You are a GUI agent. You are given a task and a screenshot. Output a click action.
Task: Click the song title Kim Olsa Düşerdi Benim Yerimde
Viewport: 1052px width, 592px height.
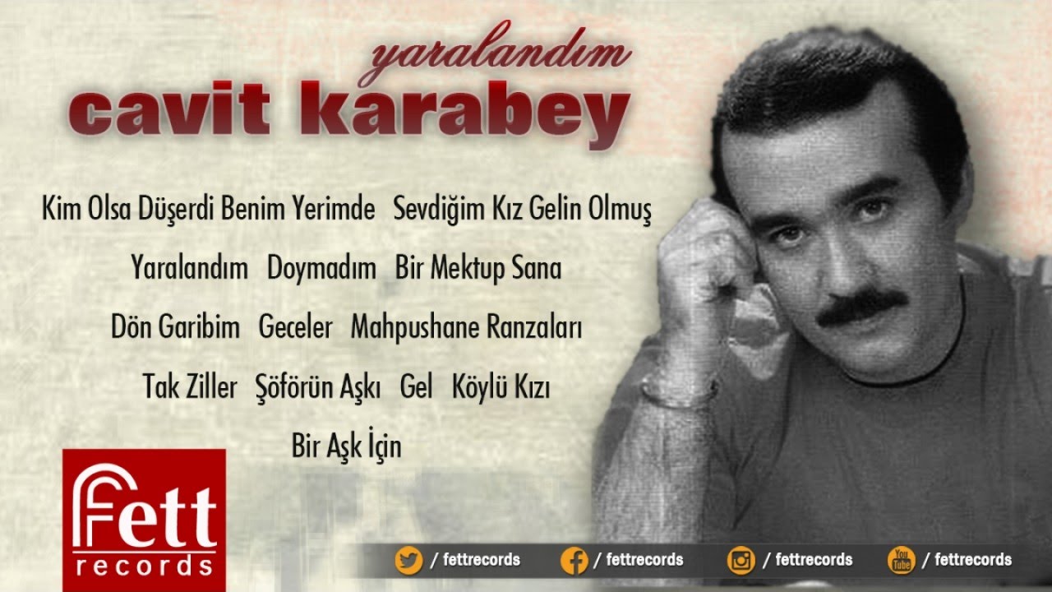click(209, 209)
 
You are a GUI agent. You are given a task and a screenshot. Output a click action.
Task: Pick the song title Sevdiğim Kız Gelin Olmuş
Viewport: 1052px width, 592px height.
click(522, 209)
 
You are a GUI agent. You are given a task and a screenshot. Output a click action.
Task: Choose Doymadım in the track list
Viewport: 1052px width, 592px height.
click(321, 269)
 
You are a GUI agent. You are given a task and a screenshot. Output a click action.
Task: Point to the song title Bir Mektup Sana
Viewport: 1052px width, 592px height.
click(478, 268)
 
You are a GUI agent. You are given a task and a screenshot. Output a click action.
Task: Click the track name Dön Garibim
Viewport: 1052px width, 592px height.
click(175, 326)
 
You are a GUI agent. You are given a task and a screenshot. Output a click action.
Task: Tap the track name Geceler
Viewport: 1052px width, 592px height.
click(295, 326)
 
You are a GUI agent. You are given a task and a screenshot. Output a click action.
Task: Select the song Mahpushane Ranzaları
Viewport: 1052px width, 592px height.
click(466, 327)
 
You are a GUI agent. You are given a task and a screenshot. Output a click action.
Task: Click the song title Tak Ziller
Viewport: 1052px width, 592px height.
click(190, 386)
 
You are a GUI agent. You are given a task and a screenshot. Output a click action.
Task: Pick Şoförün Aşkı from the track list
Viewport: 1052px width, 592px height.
click(318, 386)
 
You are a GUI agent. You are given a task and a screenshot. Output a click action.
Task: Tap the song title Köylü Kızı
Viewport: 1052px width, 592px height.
click(501, 386)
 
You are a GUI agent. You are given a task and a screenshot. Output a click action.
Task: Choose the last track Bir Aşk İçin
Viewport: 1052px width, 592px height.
click(347, 444)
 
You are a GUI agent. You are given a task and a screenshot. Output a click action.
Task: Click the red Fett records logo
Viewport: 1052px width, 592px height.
click(144, 520)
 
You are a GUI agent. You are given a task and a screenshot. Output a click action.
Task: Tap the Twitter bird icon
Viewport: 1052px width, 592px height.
click(408, 560)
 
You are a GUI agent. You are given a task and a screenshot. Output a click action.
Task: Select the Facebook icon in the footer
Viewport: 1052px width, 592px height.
click(574, 560)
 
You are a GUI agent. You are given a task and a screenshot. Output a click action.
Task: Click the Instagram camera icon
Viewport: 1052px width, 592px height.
click(741, 560)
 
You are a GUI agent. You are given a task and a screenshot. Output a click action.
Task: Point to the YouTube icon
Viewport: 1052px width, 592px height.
click(902, 560)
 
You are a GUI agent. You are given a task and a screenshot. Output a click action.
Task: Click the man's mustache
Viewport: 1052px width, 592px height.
click(862, 308)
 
